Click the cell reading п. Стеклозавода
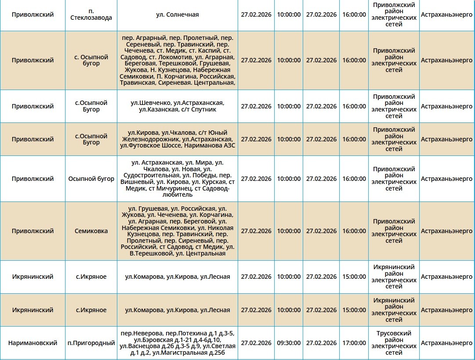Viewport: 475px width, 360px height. pyautogui.click(x=91, y=14)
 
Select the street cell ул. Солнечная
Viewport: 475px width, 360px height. pyautogui.click(x=177, y=14)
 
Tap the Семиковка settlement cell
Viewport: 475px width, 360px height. pyautogui.click(x=91, y=231)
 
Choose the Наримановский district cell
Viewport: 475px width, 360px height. pyautogui.click(x=33, y=343)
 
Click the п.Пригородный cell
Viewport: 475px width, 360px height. pyautogui.click(x=91, y=343)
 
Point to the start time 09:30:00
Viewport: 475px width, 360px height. pyautogui.click(x=288, y=343)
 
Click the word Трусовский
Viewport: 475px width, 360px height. pyautogui.click(x=394, y=333)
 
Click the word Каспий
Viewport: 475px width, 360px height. pyautogui.click(x=207, y=50)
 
